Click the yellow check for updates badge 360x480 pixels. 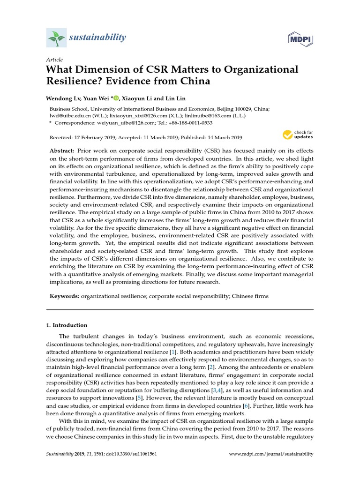[x=298, y=135]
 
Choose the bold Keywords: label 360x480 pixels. [x=65, y=297]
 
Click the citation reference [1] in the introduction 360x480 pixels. [x=173, y=351]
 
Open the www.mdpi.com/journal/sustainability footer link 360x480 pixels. [x=270, y=454]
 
